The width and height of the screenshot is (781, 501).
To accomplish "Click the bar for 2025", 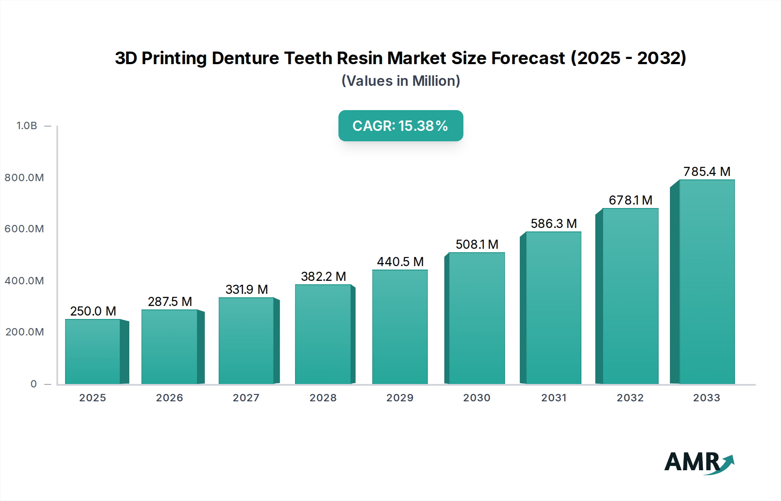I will pyautogui.click(x=93, y=351).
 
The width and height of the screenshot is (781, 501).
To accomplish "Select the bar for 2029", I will pyautogui.click(x=400, y=327).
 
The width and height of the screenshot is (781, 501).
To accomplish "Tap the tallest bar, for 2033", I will pyautogui.click(x=706, y=282).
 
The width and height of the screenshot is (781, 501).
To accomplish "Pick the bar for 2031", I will pyautogui.click(x=553, y=308).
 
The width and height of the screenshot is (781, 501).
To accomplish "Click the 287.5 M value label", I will pyautogui.click(x=170, y=302).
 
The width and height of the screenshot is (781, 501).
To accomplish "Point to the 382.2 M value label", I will pyautogui.click(x=323, y=277).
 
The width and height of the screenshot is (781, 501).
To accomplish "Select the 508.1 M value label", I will pyautogui.click(x=477, y=244).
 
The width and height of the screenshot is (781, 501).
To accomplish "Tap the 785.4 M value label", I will pyautogui.click(x=706, y=172).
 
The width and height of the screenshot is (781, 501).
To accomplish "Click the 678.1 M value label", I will pyautogui.click(x=630, y=200).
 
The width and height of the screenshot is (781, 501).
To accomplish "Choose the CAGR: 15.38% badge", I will pyautogui.click(x=400, y=126).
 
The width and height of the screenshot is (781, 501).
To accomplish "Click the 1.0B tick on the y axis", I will pyautogui.click(x=27, y=126).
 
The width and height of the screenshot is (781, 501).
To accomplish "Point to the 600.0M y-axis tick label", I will pyautogui.click(x=24, y=229).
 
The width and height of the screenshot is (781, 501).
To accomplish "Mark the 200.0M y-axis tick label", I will pyautogui.click(x=25, y=332).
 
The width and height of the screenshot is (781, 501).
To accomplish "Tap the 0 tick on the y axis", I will pyautogui.click(x=33, y=384).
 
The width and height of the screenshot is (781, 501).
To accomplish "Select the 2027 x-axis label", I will pyautogui.click(x=246, y=398).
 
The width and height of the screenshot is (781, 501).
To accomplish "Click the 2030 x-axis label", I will pyautogui.click(x=476, y=398).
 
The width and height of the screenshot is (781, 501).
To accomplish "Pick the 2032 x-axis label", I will pyautogui.click(x=630, y=398).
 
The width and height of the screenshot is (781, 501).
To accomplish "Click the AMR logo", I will pyautogui.click(x=699, y=462).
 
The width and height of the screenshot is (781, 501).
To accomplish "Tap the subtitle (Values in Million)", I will pyautogui.click(x=400, y=81).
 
